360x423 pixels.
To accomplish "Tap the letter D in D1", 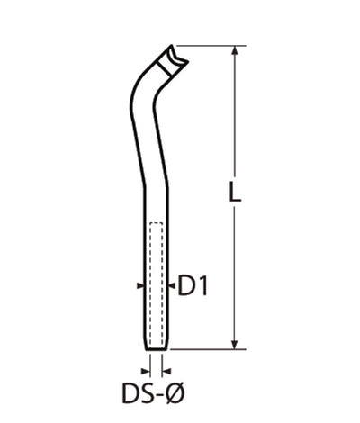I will tap(187, 286).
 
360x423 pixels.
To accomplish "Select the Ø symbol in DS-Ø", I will tap(176, 392).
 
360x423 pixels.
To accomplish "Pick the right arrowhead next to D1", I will tap(168, 286).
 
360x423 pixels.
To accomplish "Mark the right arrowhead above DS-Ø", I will tap(166, 369).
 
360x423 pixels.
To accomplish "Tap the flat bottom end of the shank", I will tap(155, 349).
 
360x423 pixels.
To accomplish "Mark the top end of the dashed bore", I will tap(155, 222).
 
